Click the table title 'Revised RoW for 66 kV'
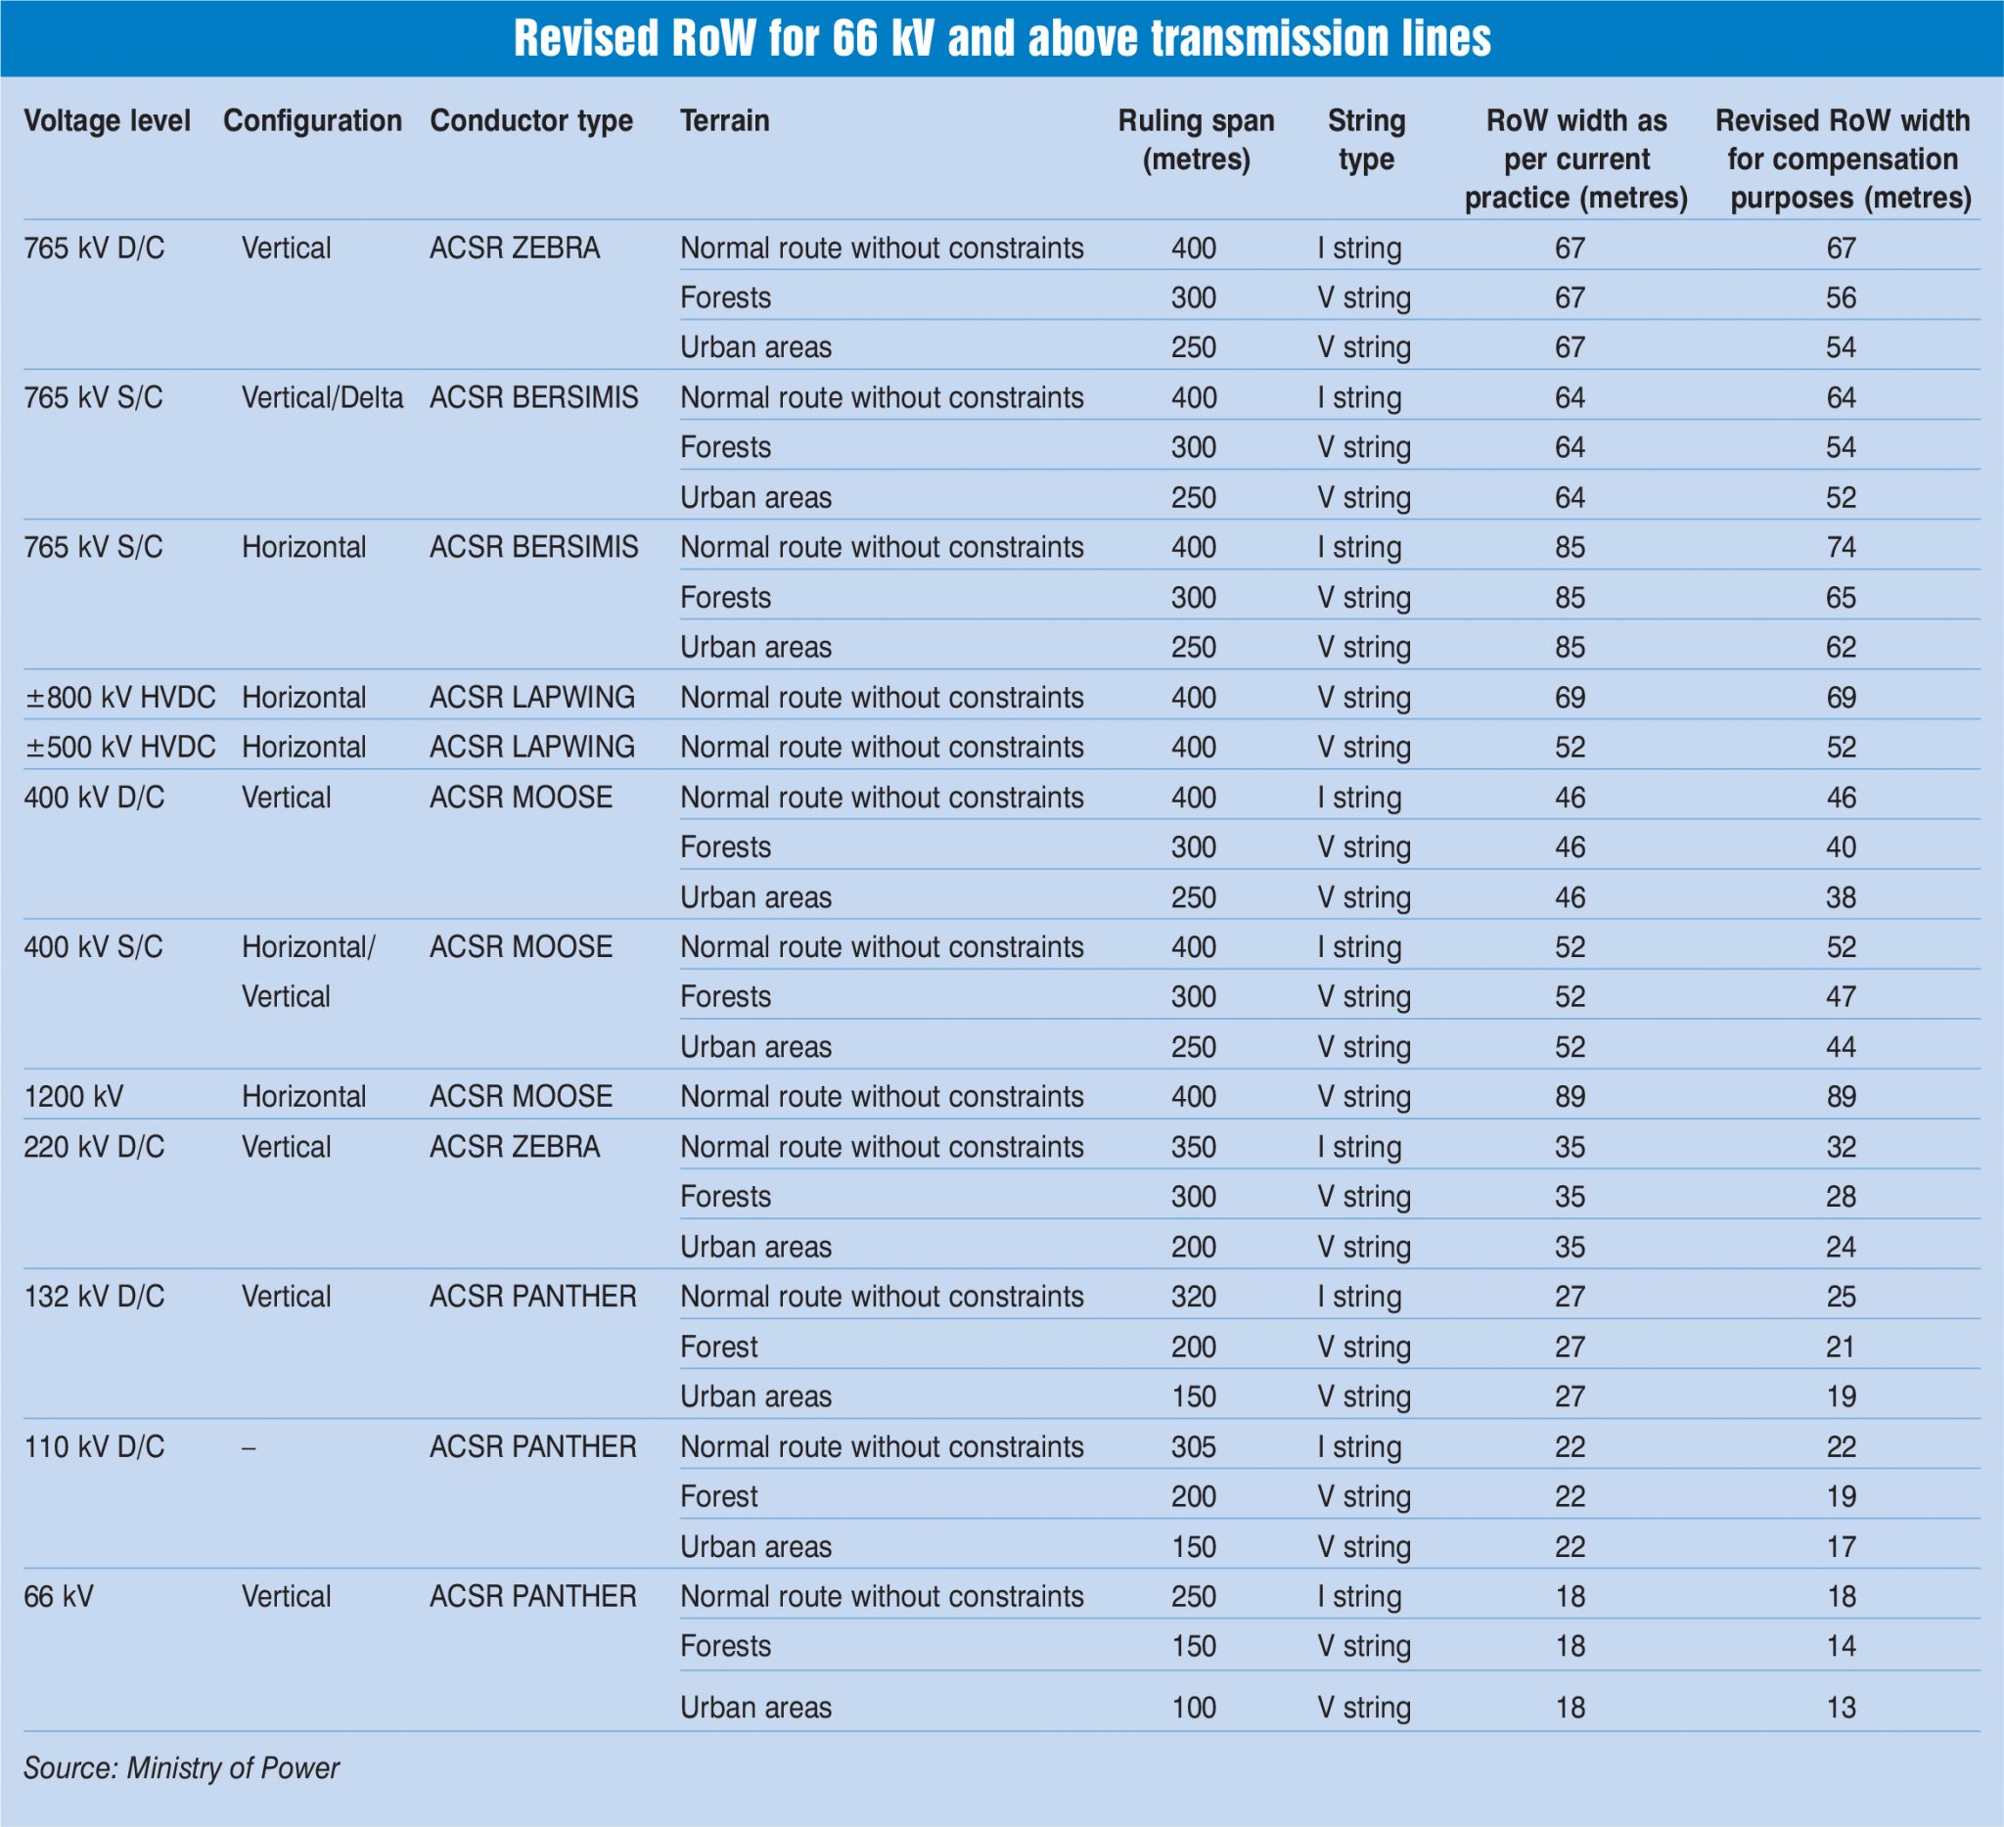coord(1002,39)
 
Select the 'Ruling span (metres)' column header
coord(1196,139)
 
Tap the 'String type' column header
coord(1366,139)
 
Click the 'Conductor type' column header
coord(530,121)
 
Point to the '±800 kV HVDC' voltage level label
coord(120,697)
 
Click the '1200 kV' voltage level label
coord(73,1096)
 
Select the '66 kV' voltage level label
coord(59,1596)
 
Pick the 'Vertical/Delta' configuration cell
coord(322,397)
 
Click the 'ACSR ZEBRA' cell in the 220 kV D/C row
coord(514,1147)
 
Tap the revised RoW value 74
coord(1840,548)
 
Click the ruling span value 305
coord(1193,1446)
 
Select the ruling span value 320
coord(1193,1297)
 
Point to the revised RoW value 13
coord(1840,1708)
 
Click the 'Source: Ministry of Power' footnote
coord(181,1767)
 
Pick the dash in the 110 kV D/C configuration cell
coord(249,1447)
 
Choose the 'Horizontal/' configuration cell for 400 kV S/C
coord(308,947)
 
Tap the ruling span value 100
coord(1193,1708)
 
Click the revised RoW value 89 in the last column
coord(1840,1096)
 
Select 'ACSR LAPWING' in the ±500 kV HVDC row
coord(531,747)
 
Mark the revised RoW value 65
coord(1840,597)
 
